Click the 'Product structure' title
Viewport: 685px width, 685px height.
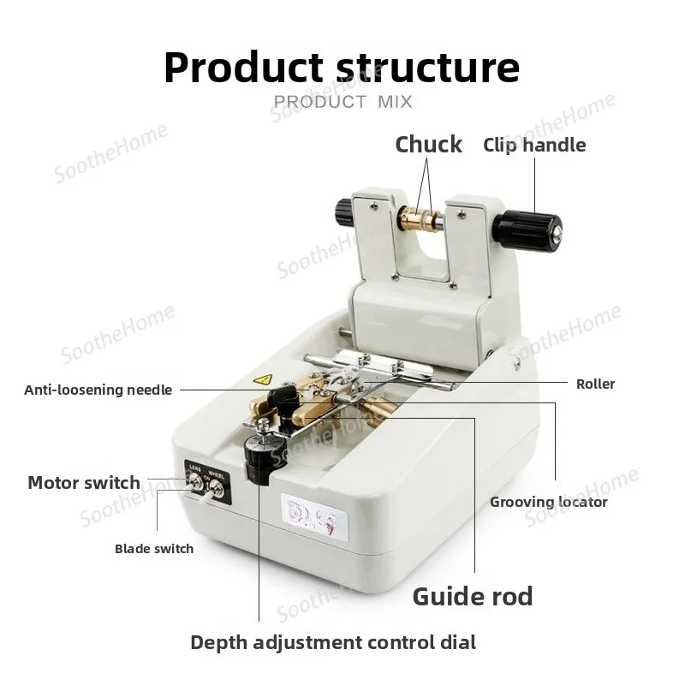point(342,68)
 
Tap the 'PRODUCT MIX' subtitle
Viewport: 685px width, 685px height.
point(343,102)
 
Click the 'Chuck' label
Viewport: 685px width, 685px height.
point(428,145)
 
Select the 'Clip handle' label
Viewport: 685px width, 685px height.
point(534,146)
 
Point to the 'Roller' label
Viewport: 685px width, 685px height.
point(595,384)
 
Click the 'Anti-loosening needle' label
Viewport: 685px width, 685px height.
point(98,390)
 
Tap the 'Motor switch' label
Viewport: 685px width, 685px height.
point(84,483)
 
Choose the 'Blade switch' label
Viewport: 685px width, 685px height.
point(154,549)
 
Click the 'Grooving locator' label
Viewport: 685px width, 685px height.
point(549,502)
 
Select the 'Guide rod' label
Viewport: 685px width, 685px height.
point(473,596)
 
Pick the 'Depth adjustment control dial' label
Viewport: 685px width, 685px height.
point(333,643)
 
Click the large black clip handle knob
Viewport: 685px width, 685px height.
point(526,231)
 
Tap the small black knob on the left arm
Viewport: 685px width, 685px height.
point(344,212)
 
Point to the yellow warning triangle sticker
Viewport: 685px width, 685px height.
point(263,379)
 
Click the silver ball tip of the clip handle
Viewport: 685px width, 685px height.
point(557,237)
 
